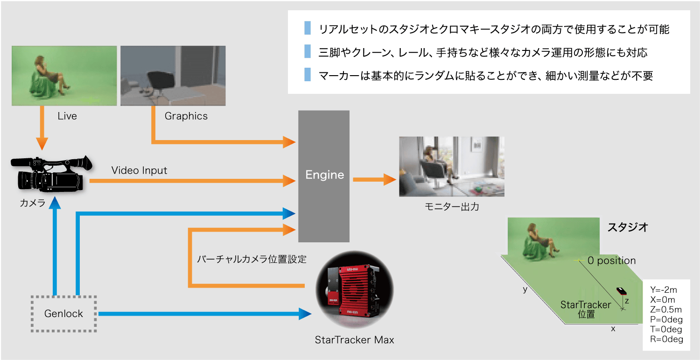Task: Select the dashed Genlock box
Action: click(63, 314)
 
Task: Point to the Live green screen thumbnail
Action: click(64, 75)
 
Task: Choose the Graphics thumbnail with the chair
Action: click(173, 75)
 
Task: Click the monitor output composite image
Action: click(452, 166)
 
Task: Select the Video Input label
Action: click(139, 170)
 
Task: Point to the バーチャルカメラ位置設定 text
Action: click(252, 259)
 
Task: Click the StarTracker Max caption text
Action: click(354, 340)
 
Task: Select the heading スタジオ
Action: click(627, 227)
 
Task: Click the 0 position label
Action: click(611, 261)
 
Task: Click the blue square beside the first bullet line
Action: click(307, 28)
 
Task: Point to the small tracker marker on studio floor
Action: click(622, 291)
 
